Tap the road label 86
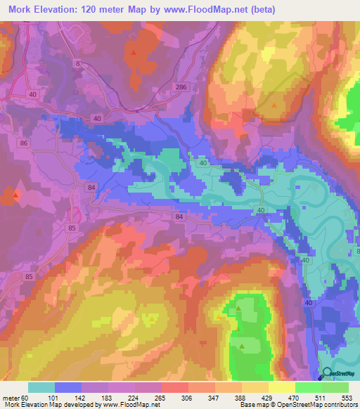point(25,143)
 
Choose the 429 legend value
point(269,397)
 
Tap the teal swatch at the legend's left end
point(41,387)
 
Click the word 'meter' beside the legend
point(11,397)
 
